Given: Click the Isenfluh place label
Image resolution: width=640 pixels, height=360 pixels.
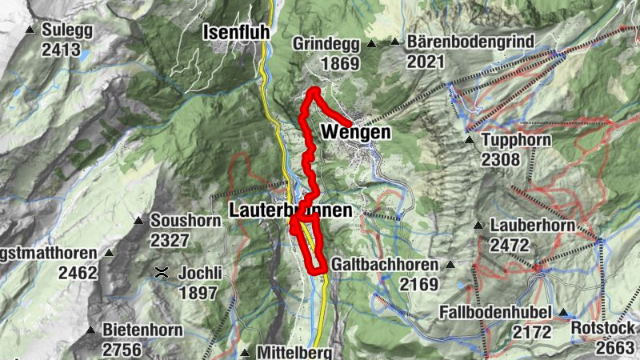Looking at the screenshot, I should click(232, 33).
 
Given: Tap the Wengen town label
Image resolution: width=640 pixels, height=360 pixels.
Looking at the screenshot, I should click(356, 133).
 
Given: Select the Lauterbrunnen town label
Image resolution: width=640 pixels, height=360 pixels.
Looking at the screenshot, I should click(290, 211).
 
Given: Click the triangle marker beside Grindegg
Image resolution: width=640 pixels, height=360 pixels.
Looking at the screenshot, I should click(371, 43).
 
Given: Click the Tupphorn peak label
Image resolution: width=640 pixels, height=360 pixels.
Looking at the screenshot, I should click(513, 141).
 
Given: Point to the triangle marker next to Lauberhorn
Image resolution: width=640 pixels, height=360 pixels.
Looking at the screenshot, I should click(478, 226).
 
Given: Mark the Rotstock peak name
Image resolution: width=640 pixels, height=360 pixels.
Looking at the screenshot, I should click(603, 328).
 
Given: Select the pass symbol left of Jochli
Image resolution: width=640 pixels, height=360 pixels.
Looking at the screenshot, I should click(162, 273).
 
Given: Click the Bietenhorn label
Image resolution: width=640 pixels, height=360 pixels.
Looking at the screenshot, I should click(142, 330).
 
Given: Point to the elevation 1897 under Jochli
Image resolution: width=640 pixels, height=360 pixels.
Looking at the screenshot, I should click(198, 293).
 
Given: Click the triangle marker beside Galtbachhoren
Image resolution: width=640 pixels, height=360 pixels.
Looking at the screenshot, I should click(450, 265).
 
